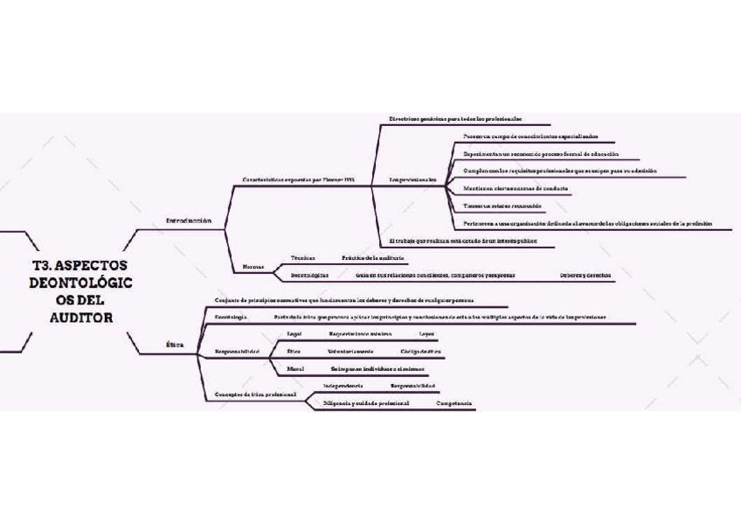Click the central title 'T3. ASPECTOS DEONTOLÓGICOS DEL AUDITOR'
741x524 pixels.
(79, 290)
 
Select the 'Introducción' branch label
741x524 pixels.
(189, 220)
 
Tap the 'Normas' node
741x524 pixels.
(253, 266)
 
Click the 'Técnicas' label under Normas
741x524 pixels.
(303, 258)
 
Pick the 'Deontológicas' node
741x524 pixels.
(310, 275)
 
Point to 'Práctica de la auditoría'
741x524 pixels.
(373, 258)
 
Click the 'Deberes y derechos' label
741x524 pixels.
(585, 275)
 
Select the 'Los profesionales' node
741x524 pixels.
(412, 179)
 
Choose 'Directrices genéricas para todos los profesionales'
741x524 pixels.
(455, 118)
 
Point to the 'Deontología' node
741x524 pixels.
(232, 317)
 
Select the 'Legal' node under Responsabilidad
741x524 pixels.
(294, 334)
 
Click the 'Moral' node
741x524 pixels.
(295, 368)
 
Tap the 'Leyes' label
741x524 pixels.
(426, 334)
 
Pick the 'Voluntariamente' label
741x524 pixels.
(350, 351)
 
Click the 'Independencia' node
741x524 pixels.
(343, 385)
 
